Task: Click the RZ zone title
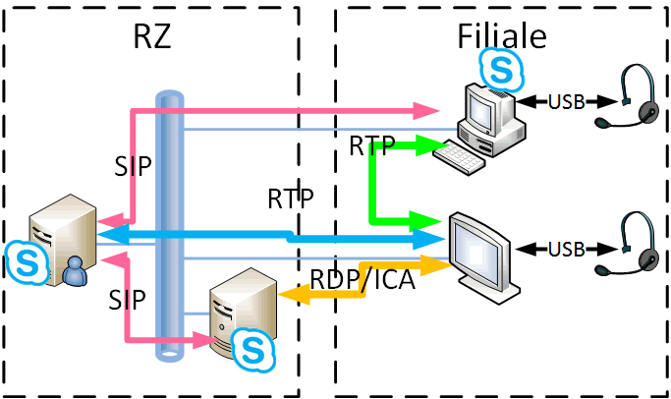coord(152,36)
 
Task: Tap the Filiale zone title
coord(502,36)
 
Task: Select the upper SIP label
coord(133,166)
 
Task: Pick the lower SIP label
coord(127,300)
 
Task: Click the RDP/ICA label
coord(363,279)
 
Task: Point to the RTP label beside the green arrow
coord(372,145)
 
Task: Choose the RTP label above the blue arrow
coord(291,199)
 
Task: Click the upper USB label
coord(567,102)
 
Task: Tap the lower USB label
coord(567,250)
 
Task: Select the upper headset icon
coord(628,96)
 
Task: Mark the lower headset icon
coord(628,244)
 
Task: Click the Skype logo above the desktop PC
coord(501,70)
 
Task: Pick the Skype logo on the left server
coord(27,262)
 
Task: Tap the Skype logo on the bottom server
coord(252,350)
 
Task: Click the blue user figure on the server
coord(76,271)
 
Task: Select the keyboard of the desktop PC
coord(459,157)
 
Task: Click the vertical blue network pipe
coord(169,226)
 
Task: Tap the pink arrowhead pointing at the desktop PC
coord(426,111)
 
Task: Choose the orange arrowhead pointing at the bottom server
coord(294,295)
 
